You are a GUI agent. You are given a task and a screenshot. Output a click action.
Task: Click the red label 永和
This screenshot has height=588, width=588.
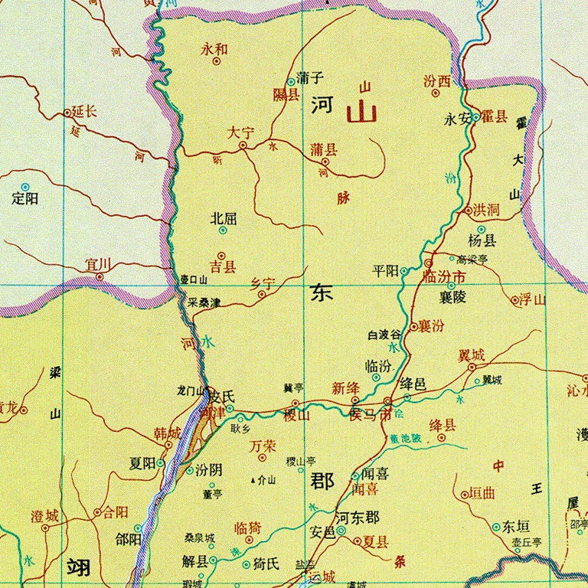(214, 49)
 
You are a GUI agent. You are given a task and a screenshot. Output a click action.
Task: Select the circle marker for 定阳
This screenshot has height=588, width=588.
(24, 186)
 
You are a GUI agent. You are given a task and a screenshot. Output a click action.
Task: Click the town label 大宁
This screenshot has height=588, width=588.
(240, 132)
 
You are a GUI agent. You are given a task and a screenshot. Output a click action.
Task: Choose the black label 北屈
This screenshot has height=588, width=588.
(224, 218)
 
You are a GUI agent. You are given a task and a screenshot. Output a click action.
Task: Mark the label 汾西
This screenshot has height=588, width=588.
(436, 81)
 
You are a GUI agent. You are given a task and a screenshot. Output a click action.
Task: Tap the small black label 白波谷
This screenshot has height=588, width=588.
(384, 335)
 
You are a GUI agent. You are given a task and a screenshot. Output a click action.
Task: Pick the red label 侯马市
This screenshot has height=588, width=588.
(370, 414)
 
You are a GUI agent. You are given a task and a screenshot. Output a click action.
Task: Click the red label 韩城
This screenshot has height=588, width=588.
(168, 434)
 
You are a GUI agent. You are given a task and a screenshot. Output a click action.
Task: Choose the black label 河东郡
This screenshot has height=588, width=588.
(358, 518)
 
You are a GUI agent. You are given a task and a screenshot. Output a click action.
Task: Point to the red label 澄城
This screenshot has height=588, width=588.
(44, 516)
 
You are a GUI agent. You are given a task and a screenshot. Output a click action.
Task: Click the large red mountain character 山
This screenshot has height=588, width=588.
(361, 113)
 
